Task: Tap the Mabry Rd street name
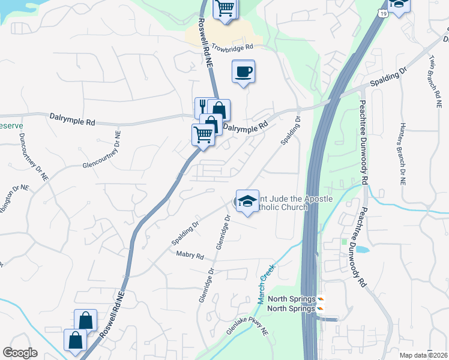[190, 256]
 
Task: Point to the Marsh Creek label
[267, 275]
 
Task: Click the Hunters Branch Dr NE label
[402, 155]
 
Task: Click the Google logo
[20, 353]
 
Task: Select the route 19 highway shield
[382, 13]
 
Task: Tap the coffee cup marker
[243, 73]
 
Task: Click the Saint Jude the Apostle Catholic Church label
[282, 203]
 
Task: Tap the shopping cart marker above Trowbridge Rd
[225, 9]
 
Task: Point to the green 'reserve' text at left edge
[11, 127]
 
